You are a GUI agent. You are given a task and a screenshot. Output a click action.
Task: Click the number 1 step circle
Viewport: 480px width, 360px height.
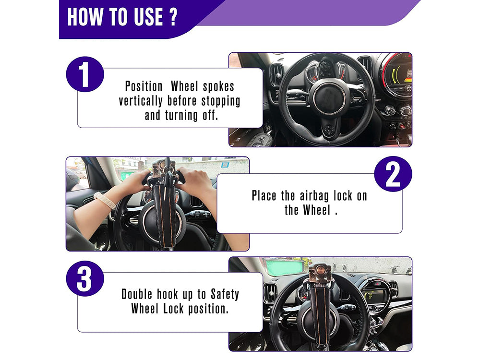point(85,74)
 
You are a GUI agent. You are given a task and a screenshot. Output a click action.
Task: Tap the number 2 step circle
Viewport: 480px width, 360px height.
point(393,174)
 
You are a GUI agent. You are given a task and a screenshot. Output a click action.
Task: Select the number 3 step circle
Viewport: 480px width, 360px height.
point(85,278)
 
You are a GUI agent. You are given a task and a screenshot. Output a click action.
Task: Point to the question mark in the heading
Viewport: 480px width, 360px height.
point(173,17)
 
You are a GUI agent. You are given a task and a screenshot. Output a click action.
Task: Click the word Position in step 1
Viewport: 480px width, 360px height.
point(144,86)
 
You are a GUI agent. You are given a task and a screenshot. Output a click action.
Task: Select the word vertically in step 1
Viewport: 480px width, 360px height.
point(141,101)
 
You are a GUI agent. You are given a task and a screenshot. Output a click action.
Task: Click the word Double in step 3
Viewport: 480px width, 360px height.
point(136,294)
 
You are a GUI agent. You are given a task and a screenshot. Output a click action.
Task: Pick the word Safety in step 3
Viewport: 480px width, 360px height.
point(225,295)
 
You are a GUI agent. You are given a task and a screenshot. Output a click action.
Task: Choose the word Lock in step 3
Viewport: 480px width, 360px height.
point(173,309)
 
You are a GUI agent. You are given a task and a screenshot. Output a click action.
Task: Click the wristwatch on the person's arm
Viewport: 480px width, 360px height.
point(105,201)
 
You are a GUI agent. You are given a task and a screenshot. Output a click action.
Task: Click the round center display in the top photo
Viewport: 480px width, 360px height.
point(397,74)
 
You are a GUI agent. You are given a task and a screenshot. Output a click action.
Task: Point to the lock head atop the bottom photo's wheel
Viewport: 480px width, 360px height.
point(320,274)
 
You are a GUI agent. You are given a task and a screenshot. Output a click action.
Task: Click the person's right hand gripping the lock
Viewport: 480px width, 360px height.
point(195,180)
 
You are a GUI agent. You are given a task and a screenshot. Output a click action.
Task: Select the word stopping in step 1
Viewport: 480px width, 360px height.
point(221,101)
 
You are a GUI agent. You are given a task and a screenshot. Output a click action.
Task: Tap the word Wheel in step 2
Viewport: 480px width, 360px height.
point(316,210)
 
